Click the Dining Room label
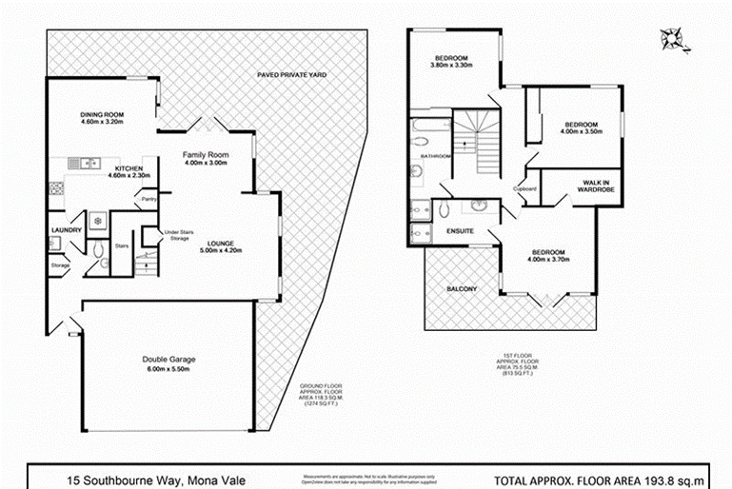104,116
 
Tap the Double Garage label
168,359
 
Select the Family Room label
207,154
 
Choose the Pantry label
148,199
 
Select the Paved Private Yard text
298,74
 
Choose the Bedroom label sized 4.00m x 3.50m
580,128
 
